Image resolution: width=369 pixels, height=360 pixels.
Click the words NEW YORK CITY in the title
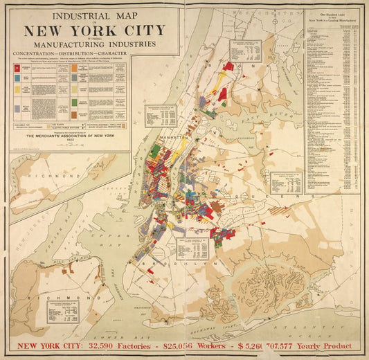(x=94, y=30)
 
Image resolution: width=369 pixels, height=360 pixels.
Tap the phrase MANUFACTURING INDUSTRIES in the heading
(x=94, y=44)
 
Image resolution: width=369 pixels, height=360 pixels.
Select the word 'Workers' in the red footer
(x=205, y=346)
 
